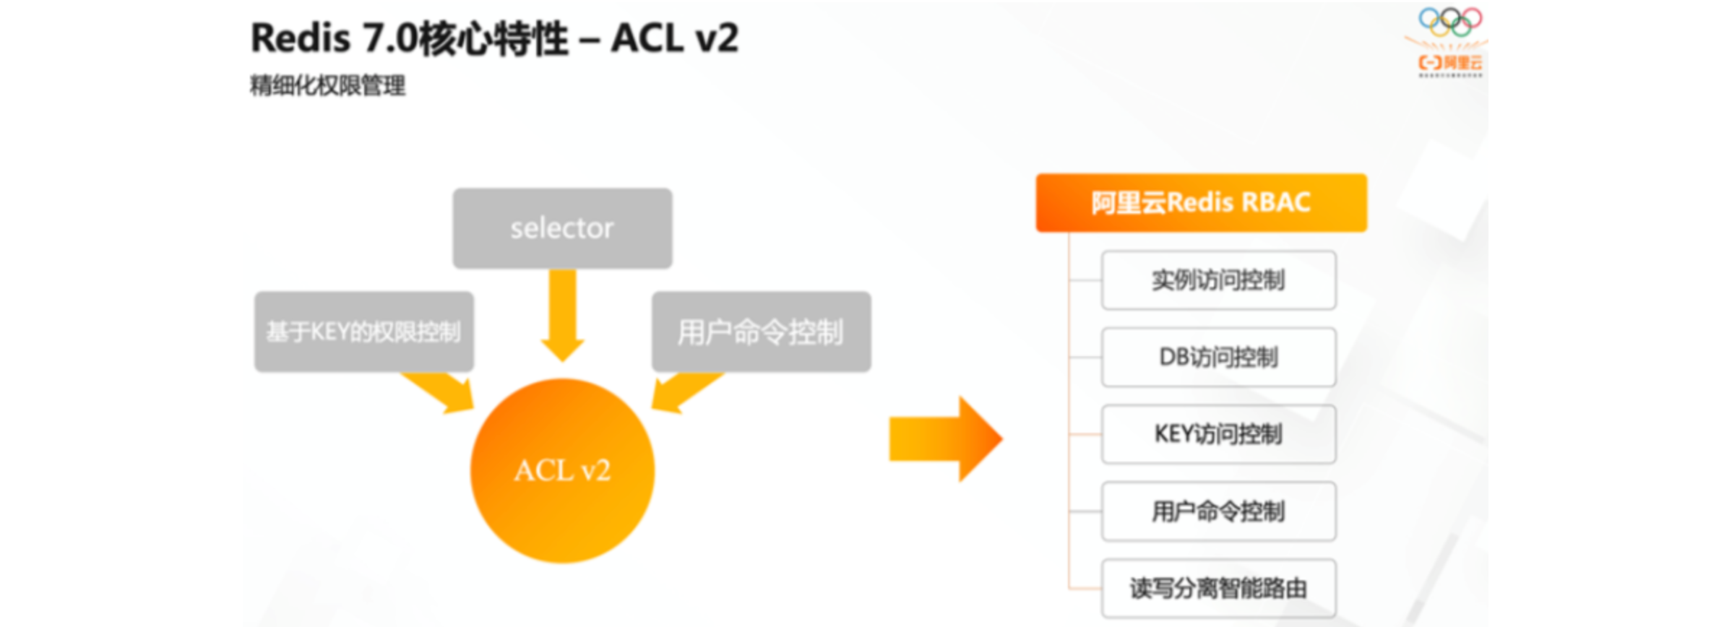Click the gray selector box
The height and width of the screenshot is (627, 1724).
(x=562, y=228)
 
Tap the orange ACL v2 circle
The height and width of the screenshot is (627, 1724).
(x=562, y=470)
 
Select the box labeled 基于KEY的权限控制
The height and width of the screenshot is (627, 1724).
(x=363, y=332)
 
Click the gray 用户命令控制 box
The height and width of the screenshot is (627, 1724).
(x=761, y=332)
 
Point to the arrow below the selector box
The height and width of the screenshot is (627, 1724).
(x=562, y=314)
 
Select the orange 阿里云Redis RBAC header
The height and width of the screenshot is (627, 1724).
(x=1201, y=203)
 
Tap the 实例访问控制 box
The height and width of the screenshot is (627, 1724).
(x=1218, y=280)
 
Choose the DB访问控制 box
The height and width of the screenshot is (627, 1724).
(x=1218, y=357)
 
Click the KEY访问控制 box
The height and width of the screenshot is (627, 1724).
(x=1218, y=434)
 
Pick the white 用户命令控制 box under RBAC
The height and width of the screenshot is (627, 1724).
(x=1218, y=511)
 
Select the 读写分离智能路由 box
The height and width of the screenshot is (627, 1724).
(x=1218, y=588)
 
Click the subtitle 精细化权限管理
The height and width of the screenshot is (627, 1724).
(x=327, y=86)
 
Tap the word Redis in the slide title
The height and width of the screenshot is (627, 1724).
(x=300, y=38)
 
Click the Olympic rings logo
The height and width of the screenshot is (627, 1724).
(x=1449, y=21)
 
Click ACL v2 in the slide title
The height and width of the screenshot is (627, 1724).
(x=675, y=38)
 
